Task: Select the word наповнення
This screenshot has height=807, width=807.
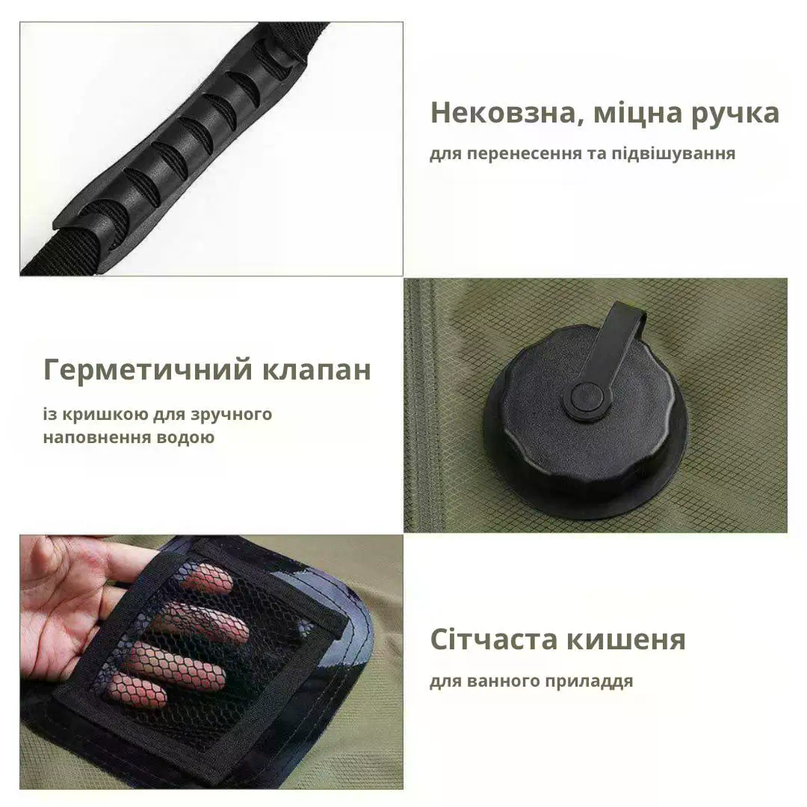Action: [x=90, y=437]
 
